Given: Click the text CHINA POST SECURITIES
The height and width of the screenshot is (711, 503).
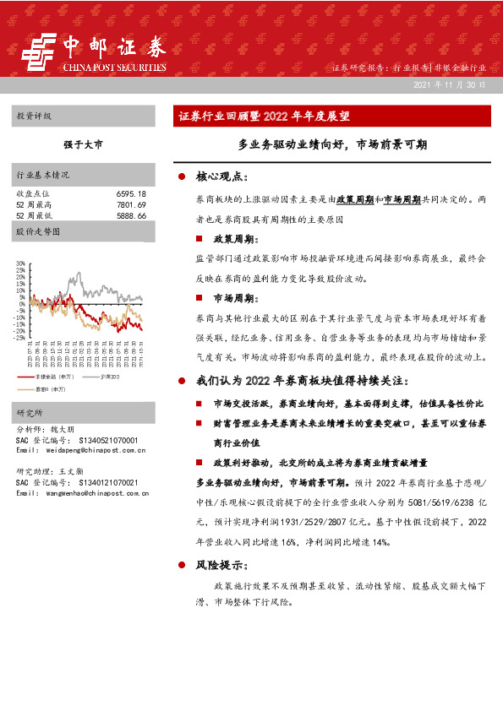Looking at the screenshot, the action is point(114,68).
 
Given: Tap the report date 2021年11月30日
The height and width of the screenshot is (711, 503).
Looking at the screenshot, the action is point(450,87).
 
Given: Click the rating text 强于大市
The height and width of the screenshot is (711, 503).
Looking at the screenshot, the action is point(83,145).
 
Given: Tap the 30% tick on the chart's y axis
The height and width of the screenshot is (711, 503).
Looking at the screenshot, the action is point(20,263).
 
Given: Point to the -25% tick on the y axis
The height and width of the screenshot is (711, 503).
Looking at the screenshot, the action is point(19,338).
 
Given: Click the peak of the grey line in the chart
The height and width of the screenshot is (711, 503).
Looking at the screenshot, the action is point(79,273).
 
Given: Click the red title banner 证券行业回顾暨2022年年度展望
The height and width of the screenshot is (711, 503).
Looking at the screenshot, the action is point(264,117).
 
